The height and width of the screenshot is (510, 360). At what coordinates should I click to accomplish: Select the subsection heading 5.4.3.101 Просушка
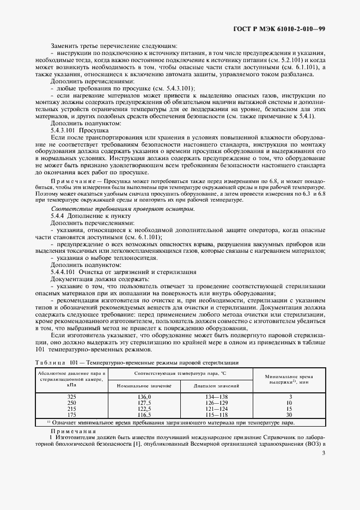coord(76,131)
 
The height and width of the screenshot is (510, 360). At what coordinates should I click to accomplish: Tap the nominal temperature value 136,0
coord(144,397)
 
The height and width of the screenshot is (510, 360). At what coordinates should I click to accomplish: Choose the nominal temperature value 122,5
coord(144,409)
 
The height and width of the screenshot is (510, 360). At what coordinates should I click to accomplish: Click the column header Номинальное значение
coord(144,385)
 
